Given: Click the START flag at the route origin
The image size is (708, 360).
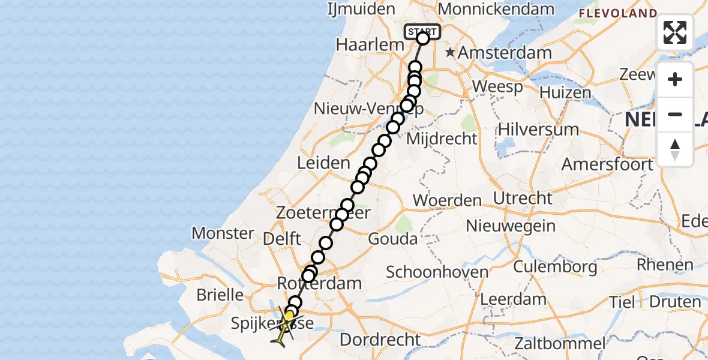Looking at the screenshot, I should click(x=423, y=31).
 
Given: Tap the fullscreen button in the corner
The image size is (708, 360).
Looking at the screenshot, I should click(x=675, y=32).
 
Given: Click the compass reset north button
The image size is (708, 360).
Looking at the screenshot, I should click(x=675, y=149).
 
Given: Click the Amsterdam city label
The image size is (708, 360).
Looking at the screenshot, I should click(x=505, y=52).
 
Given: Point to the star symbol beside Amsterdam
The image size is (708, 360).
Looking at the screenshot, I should click(x=450, y=52).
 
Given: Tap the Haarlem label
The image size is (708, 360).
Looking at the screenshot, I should click(x=362, y=45).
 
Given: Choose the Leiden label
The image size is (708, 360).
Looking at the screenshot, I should click(x=323, y=163).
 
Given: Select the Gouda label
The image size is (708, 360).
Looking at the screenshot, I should click(x=394, y=239).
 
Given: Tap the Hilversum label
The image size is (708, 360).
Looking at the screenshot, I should click(x=539, y=129).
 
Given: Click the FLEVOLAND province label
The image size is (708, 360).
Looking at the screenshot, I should click(x=617, y=13).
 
